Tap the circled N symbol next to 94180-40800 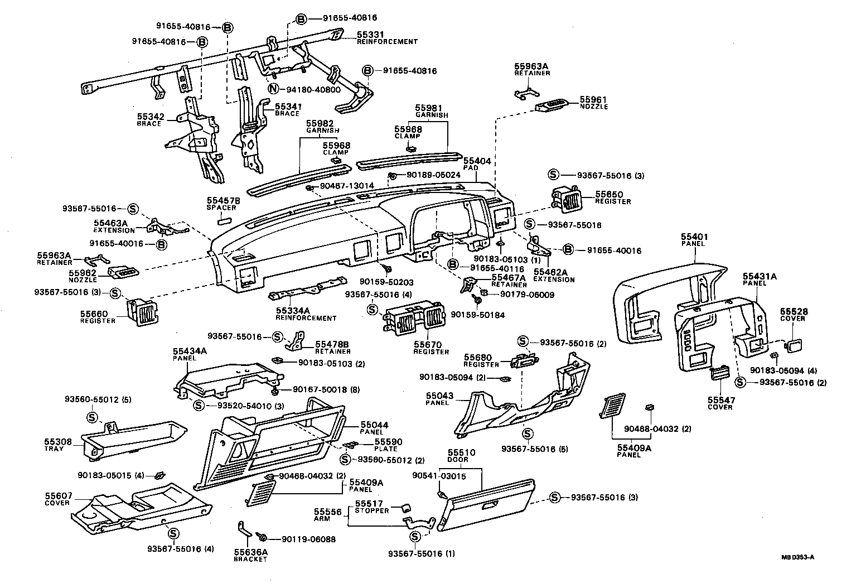pos(273,89)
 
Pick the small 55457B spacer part pos(224,220)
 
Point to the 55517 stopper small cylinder pos(407,507)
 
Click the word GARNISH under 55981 pos(432,115)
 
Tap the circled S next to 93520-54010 pos(198,405)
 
